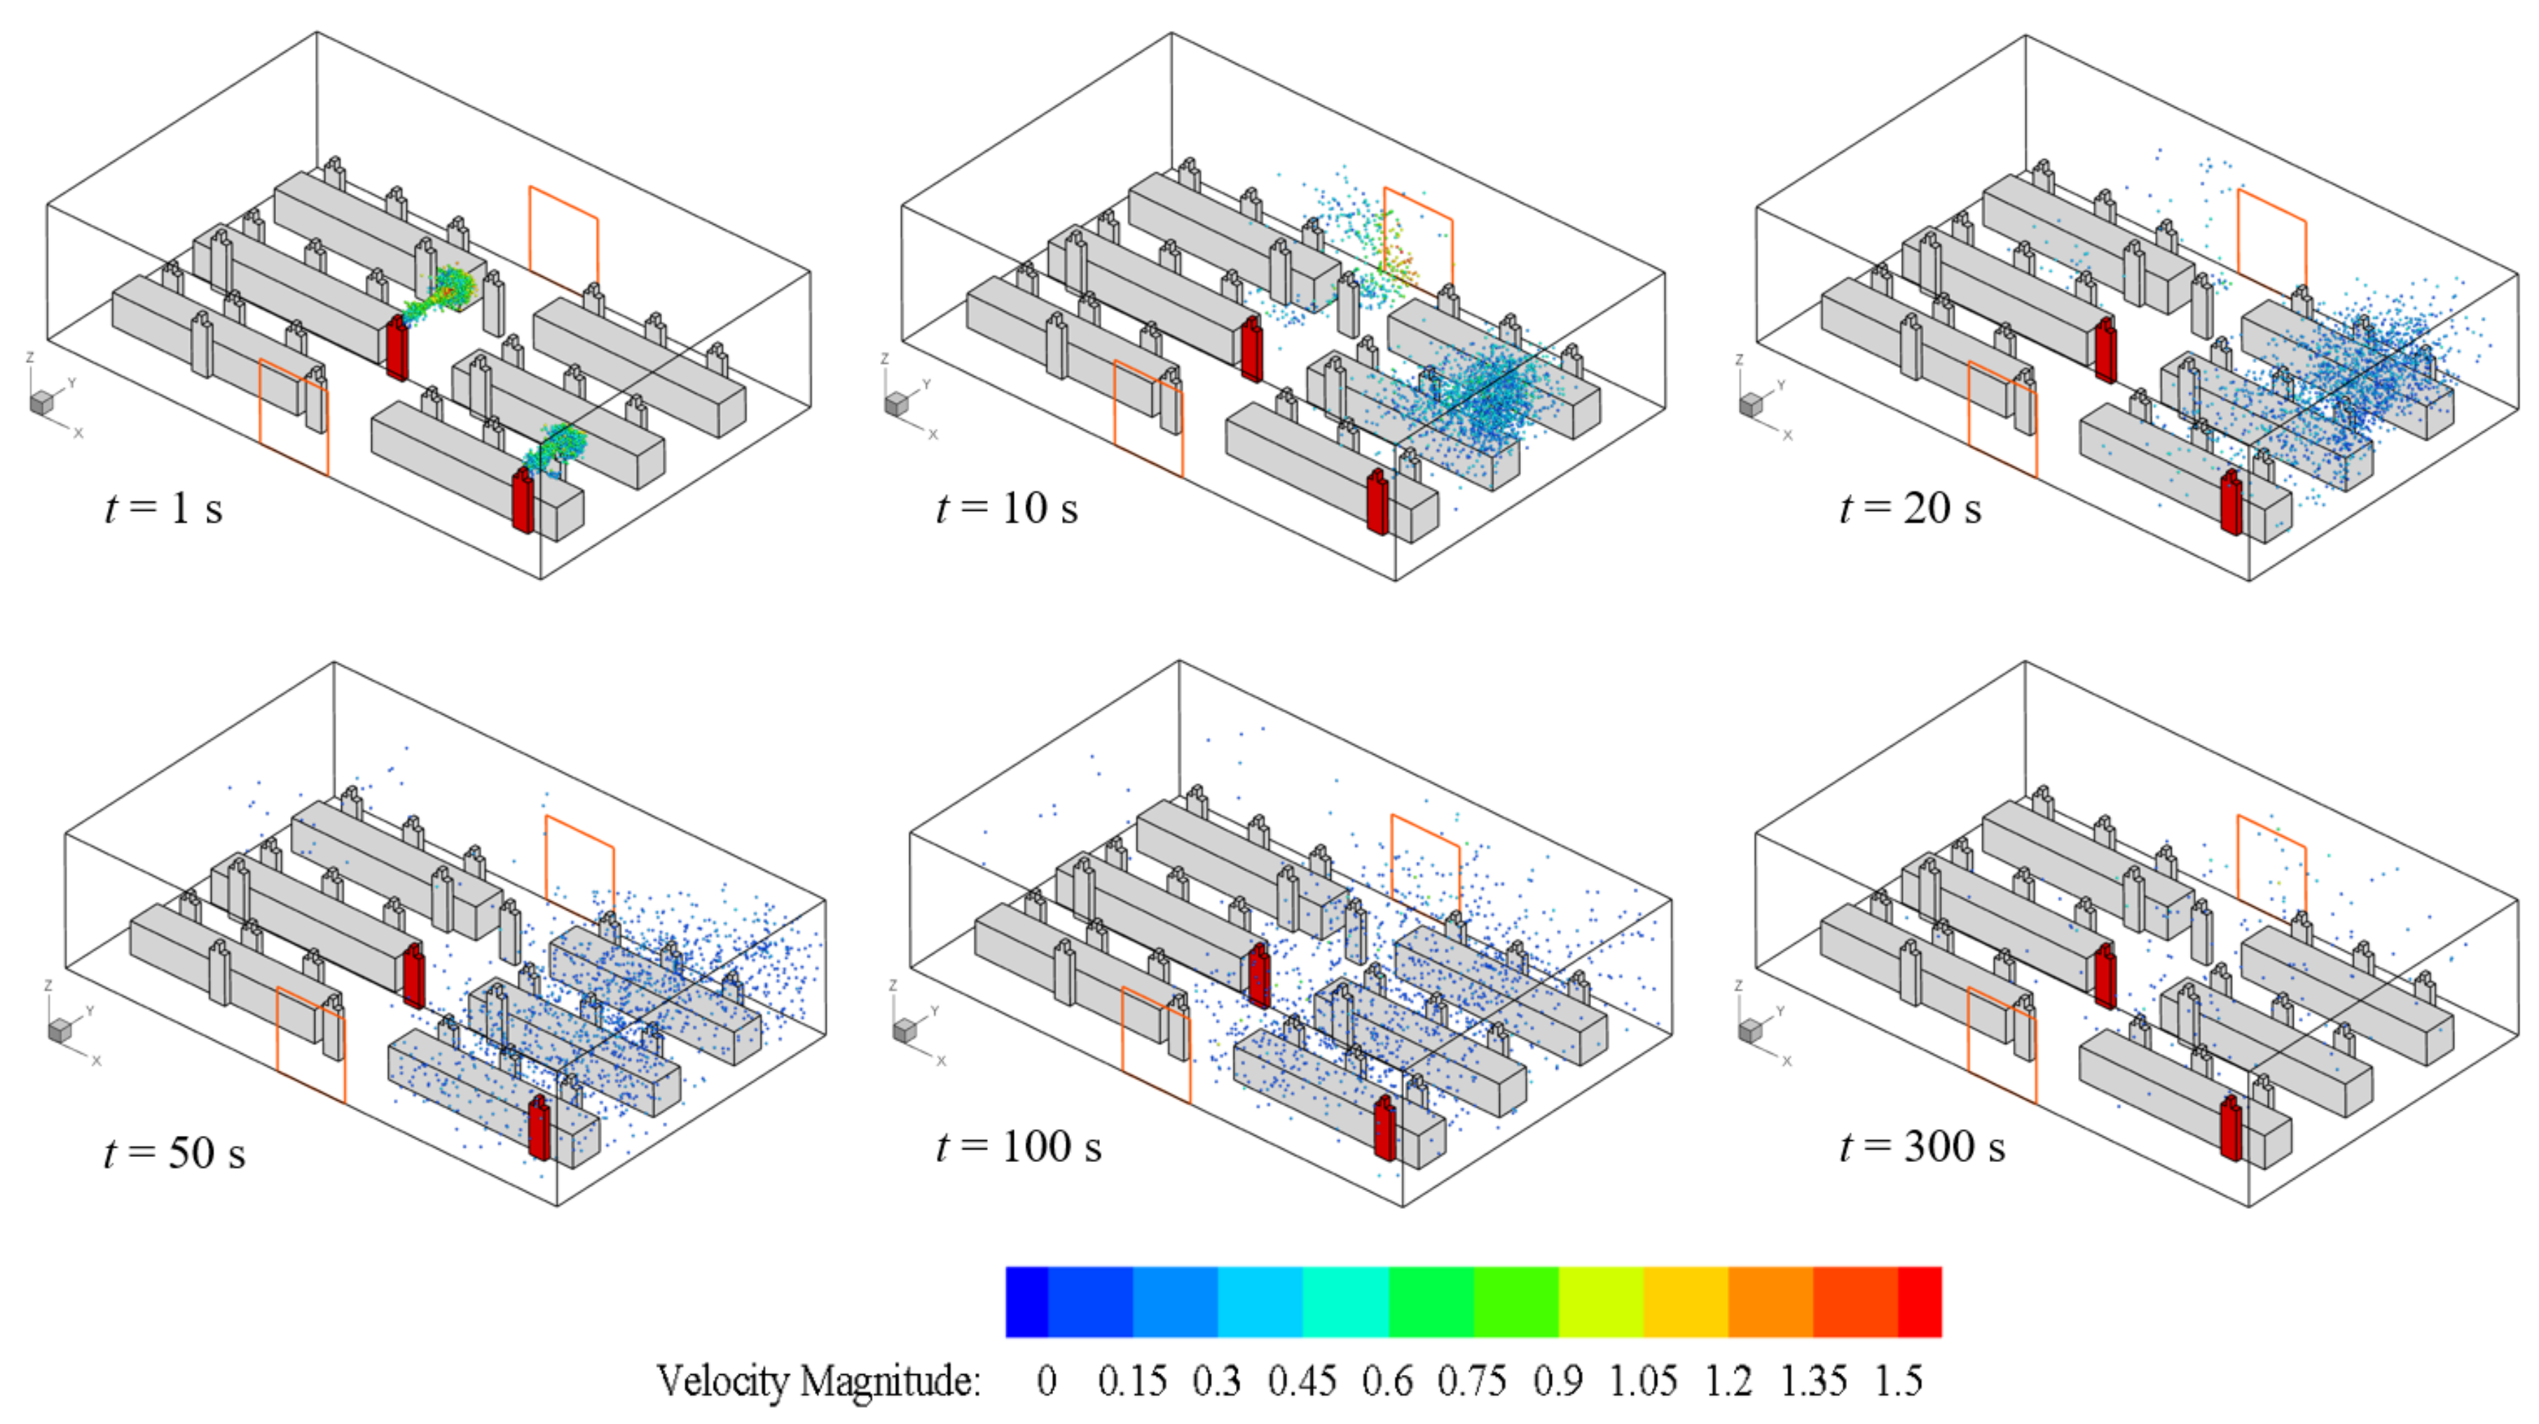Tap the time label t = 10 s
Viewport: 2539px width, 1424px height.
point(1006,509)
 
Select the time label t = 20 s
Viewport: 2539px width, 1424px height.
point(1909,509)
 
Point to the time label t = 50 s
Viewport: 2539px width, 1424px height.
point(174,1153)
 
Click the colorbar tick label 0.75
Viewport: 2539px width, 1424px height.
point(1471,1381)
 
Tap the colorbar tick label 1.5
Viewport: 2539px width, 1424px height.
point(1899,1381)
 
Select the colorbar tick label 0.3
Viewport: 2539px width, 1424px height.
point(1216,1381)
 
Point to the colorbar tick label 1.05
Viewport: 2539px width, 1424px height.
point(1643,1381)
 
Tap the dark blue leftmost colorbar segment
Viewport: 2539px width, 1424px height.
point(1026,1302)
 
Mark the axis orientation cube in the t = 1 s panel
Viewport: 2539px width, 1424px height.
point(41,402)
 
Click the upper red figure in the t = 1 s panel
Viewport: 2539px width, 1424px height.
point(397,347)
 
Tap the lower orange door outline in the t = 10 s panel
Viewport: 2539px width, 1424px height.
point(1148,418)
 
